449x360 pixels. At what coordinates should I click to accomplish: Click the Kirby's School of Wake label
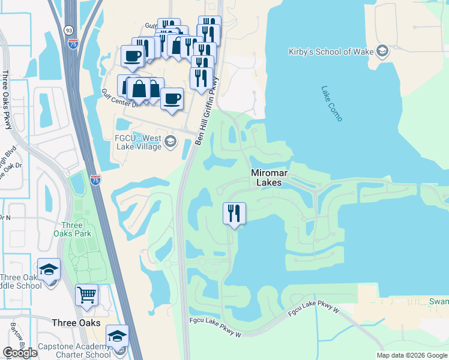[x=330, y=52]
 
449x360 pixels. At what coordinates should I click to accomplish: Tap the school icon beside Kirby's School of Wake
[x=382, y=52]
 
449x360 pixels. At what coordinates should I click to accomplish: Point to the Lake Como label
[x=331, y=104]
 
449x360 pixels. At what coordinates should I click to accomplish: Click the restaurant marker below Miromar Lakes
[x=234, y=213]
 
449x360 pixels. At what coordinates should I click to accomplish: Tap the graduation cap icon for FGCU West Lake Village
[x=170, y=142]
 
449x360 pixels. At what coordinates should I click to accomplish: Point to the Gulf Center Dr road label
[x=119, y=97]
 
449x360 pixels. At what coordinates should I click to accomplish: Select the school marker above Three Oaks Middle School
[x=49, y=269]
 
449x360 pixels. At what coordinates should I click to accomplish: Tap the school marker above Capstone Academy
[x=117, y=335]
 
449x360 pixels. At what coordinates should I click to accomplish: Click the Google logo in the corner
[x=20, y=353]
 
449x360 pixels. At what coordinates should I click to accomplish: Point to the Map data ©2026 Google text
[x=412, y=355]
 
